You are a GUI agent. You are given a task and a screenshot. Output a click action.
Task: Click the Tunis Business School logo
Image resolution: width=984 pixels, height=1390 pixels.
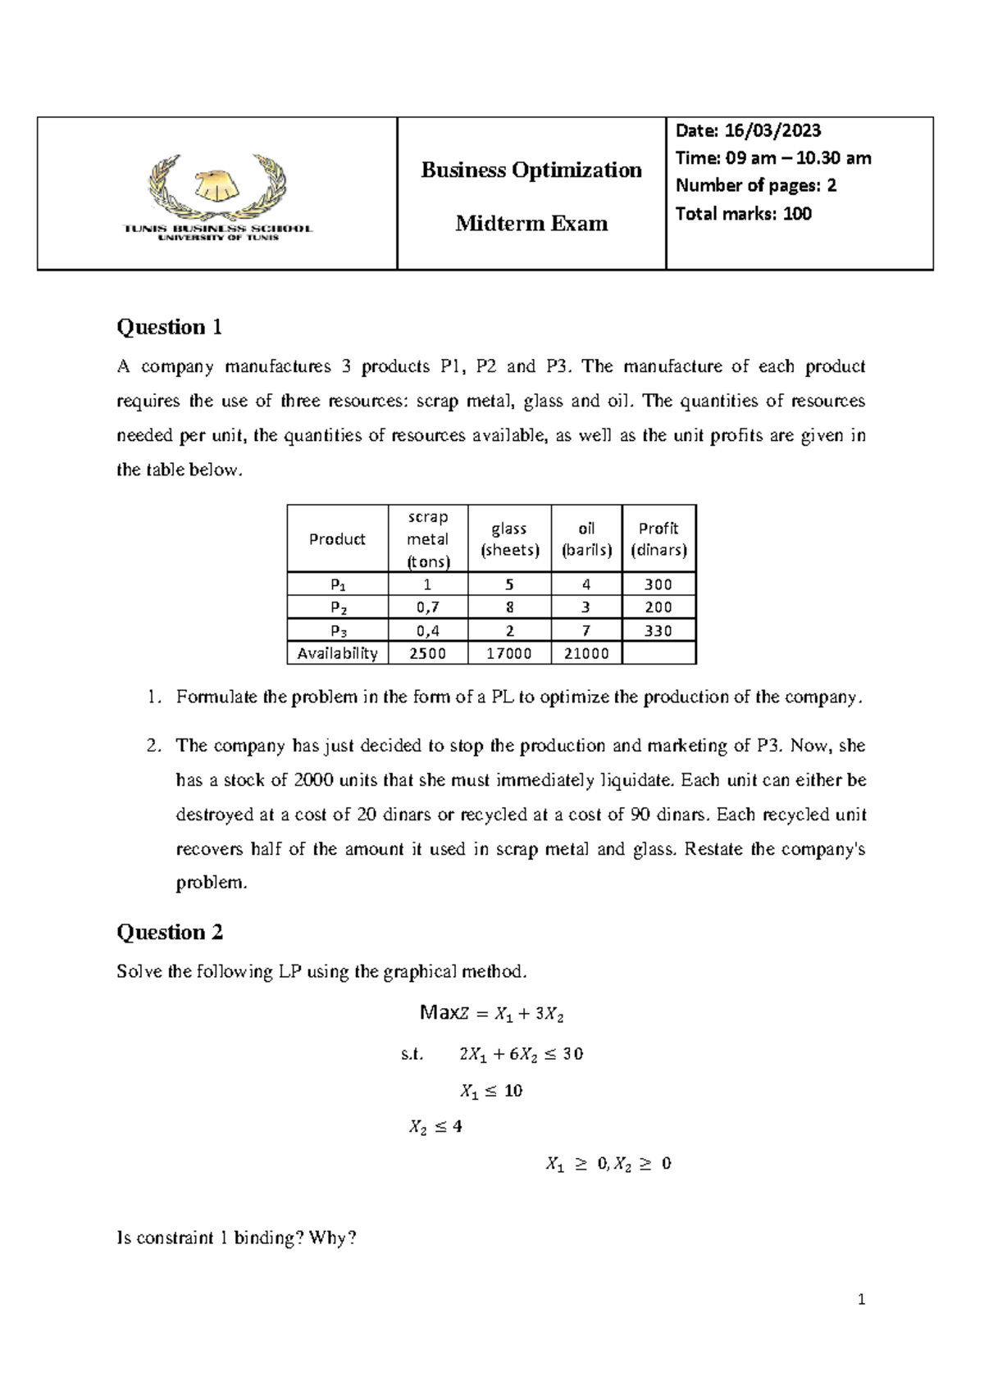(x=217, y=197)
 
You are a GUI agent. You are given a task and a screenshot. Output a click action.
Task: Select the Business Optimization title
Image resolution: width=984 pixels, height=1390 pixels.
(x=531, y=170)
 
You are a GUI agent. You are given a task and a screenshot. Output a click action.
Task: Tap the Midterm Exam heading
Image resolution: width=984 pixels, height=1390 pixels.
(x=531, y=223)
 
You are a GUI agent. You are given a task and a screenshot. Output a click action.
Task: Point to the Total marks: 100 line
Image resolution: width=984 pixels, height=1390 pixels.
(x=743, y=214)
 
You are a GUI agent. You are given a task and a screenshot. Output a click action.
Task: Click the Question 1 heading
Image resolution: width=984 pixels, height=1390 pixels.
(x=170, y=327)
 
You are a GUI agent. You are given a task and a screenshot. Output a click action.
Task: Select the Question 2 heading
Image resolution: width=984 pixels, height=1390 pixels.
(x=170, y=932)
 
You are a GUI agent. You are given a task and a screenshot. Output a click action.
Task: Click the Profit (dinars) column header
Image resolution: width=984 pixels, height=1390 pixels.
(x=658, y=538)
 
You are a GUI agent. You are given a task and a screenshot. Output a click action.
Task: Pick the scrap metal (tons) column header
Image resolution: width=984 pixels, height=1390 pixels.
(x=427, y=538)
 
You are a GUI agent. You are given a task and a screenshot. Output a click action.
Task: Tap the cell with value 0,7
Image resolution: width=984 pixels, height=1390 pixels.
(x=427, y=607)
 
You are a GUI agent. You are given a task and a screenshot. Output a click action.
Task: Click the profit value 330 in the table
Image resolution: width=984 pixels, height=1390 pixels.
(x=658, y=630)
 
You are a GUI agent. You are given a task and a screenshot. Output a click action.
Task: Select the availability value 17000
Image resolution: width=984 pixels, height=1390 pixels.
(x=509, y=653)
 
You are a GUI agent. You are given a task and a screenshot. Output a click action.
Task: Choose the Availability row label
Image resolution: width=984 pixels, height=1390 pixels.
(x=337, y=653)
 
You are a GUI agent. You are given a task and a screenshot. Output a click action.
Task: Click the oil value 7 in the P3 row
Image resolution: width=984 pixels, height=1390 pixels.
(x=586, y=630)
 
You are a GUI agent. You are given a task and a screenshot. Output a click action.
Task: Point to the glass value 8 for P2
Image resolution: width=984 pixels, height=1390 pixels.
(x=509, y=607)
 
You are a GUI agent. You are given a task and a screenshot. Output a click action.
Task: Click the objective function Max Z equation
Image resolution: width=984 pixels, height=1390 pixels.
(x=491, y=1014)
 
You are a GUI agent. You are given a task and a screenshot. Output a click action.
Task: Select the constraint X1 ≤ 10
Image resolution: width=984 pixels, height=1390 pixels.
(x=491, y=1091)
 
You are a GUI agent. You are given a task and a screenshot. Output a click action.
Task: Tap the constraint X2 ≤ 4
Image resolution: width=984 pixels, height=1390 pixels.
(x=435, y=1127)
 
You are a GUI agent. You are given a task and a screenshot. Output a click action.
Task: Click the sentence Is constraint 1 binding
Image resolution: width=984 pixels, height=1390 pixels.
(x=237, y=1238)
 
